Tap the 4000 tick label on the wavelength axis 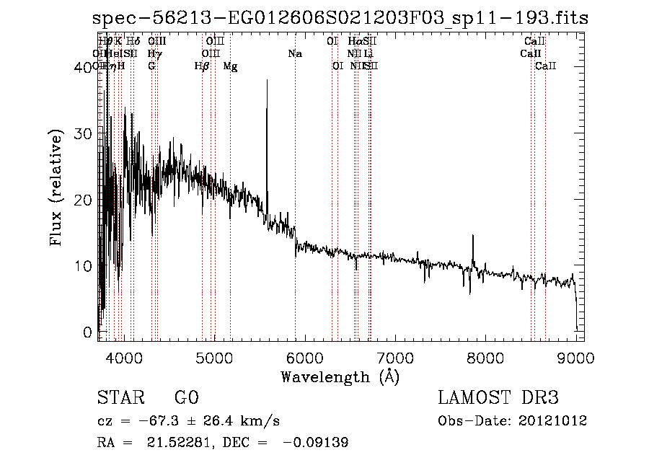pyautogui.click(x=123, y=358)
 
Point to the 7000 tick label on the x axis pyautogui.click(x=395, y=358)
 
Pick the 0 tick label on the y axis pyautogui.click(x=88, y=332)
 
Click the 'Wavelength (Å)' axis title pyautogui.click(x=340, y=376)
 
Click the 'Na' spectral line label pyautogui.click(x=294, y=53)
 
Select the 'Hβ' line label pyautogui.click(x=202, y=66)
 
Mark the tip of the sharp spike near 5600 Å pyautogui.click(x=267, y=80)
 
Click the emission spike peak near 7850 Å pyautogui.click(x=473, y=235)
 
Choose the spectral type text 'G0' pyautogui.click(x=186, y=398)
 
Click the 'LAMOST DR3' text pyautogui.click(x=498, y=398)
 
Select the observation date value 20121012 pyautogui.click(x=551, y=420)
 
